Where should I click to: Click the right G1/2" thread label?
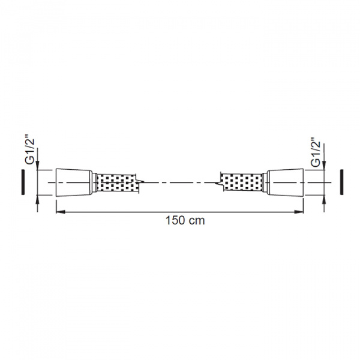(x=316, y=152)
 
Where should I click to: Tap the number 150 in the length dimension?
(x=175, y=221)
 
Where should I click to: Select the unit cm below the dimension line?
(x=197, y=221)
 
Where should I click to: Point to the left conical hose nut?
(x=74, y=182)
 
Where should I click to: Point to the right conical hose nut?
(x=286, y=182)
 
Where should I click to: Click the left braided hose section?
(x=116, y=182)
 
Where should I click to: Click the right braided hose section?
(x=242, y=182)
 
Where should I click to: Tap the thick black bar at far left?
(x=23, y=182)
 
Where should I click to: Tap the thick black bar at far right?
(x=341, y=182)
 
